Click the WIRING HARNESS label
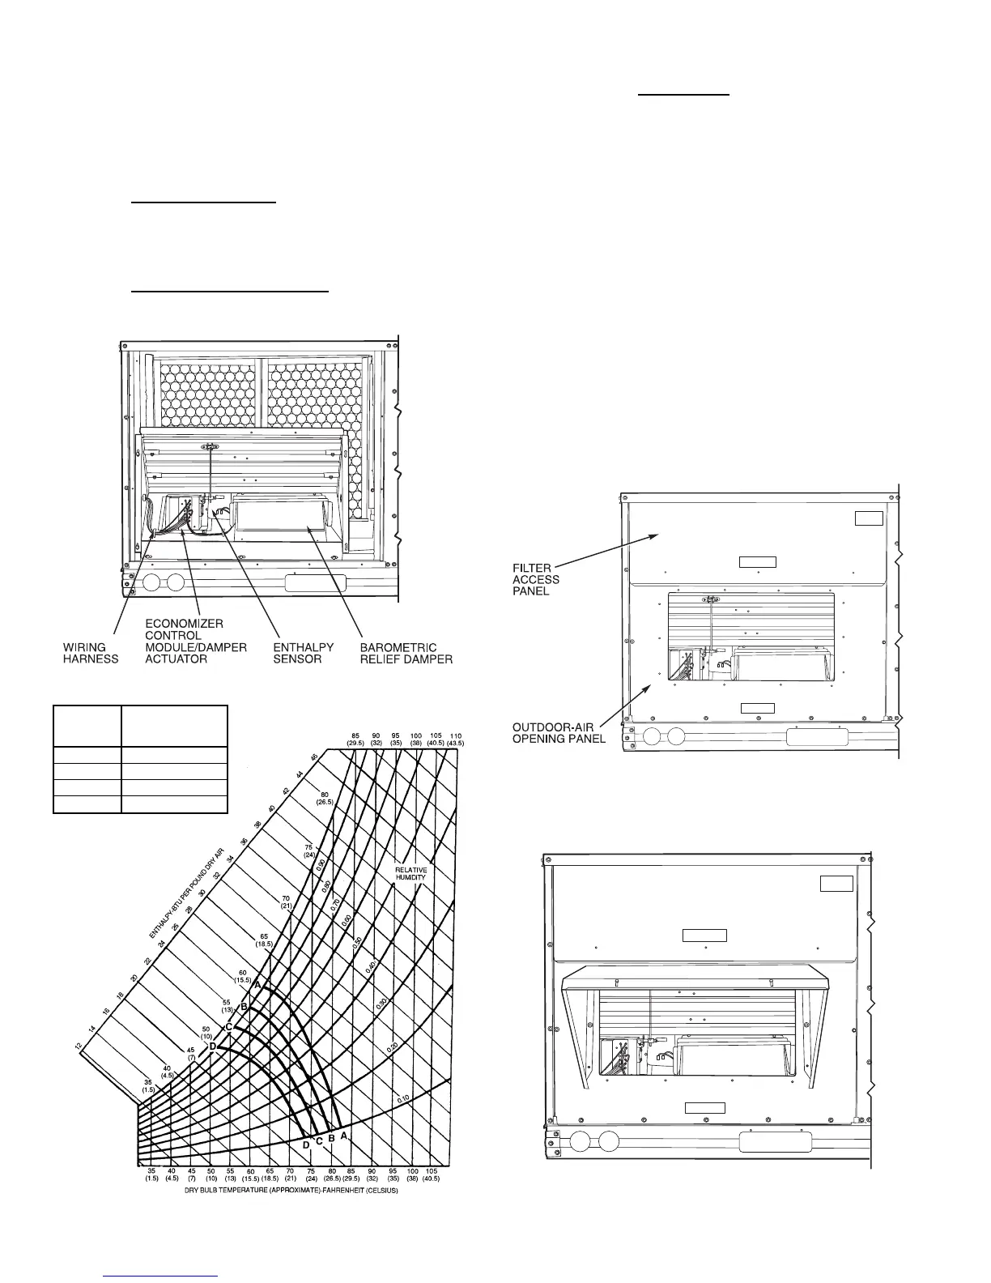pos(91,653)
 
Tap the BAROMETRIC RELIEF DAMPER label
pos(406,653)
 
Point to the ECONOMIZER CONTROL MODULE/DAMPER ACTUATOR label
pos(195,641)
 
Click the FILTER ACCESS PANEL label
pos(536,579)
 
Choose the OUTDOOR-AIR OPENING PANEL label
pos(559,733)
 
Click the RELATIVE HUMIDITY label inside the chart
pos(411,873)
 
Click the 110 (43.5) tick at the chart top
pos(456,740)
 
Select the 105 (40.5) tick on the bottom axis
pos(432,1174)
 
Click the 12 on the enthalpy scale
pos(79,1047)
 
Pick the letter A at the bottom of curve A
pos(344,1136)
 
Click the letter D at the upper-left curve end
pos(213,1046)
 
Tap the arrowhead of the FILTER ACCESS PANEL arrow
pos(654,535)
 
